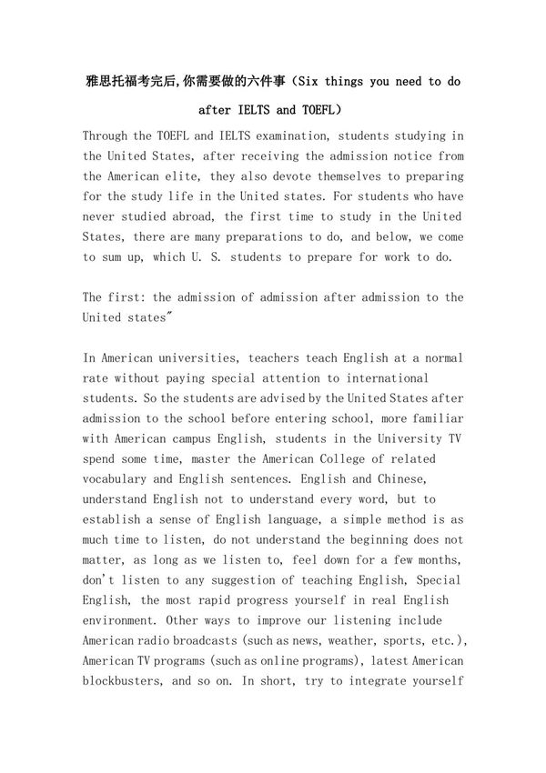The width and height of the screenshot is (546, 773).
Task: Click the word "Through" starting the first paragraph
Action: (107, 136)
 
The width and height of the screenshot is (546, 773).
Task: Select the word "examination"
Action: (272, 136)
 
